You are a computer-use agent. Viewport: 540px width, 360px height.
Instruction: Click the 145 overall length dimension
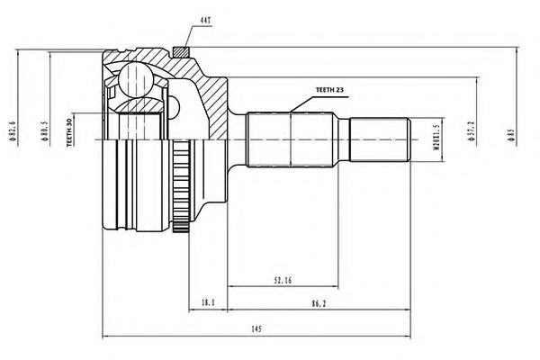pos(256,328)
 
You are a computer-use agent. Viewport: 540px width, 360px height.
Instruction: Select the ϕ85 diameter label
pos(509,135)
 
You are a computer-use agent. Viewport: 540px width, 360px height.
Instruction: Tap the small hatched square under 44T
pos(181,50)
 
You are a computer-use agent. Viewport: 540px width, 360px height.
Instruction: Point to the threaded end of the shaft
pos(382,139)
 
